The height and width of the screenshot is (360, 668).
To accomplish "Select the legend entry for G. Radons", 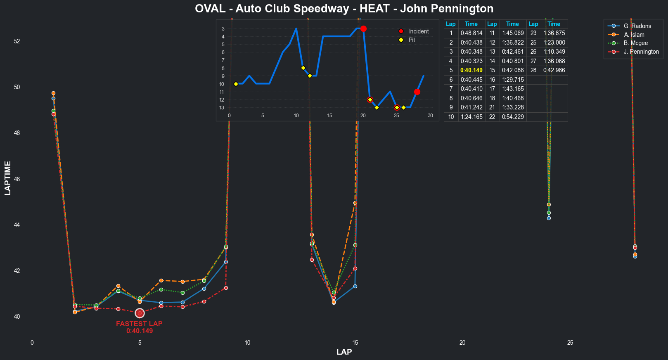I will [x=637, y=26].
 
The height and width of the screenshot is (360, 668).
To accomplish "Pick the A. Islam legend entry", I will [x=634, y=35].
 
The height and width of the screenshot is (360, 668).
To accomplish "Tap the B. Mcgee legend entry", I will [x=635, y=43].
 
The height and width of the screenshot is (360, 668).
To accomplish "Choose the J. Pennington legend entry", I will [x=641, y=52].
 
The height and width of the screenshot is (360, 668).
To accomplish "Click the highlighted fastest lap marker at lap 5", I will [x=140, y=313].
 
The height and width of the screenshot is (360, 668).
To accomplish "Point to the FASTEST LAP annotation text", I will [x=139, y=324].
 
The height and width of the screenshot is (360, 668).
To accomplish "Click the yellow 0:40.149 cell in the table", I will [x=471, y=70].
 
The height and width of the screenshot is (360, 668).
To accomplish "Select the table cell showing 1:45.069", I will [x=512, y=33].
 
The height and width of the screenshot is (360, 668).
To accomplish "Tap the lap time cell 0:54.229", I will [x=512, y=117].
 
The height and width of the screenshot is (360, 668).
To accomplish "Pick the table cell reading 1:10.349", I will [x=554, y=52].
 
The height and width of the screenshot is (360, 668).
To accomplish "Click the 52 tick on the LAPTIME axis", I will [x=17, y=41].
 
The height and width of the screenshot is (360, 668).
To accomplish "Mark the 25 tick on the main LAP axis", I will [x=570, y=343].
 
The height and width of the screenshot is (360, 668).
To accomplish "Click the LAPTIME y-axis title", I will [x=8, y=178].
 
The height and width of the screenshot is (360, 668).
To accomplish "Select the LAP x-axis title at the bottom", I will [x=344, y=352].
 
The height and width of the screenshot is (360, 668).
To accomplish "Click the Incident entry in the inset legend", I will [x=418, y=31].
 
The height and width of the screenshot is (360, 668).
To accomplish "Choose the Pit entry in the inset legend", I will [x=412, y=40].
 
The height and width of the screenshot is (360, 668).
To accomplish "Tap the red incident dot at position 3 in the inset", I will [x=363, y=28].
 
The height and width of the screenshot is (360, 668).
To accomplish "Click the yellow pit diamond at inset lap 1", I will [x=236, y=84].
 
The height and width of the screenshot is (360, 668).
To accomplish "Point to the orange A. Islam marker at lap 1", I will [x=53, y=93].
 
